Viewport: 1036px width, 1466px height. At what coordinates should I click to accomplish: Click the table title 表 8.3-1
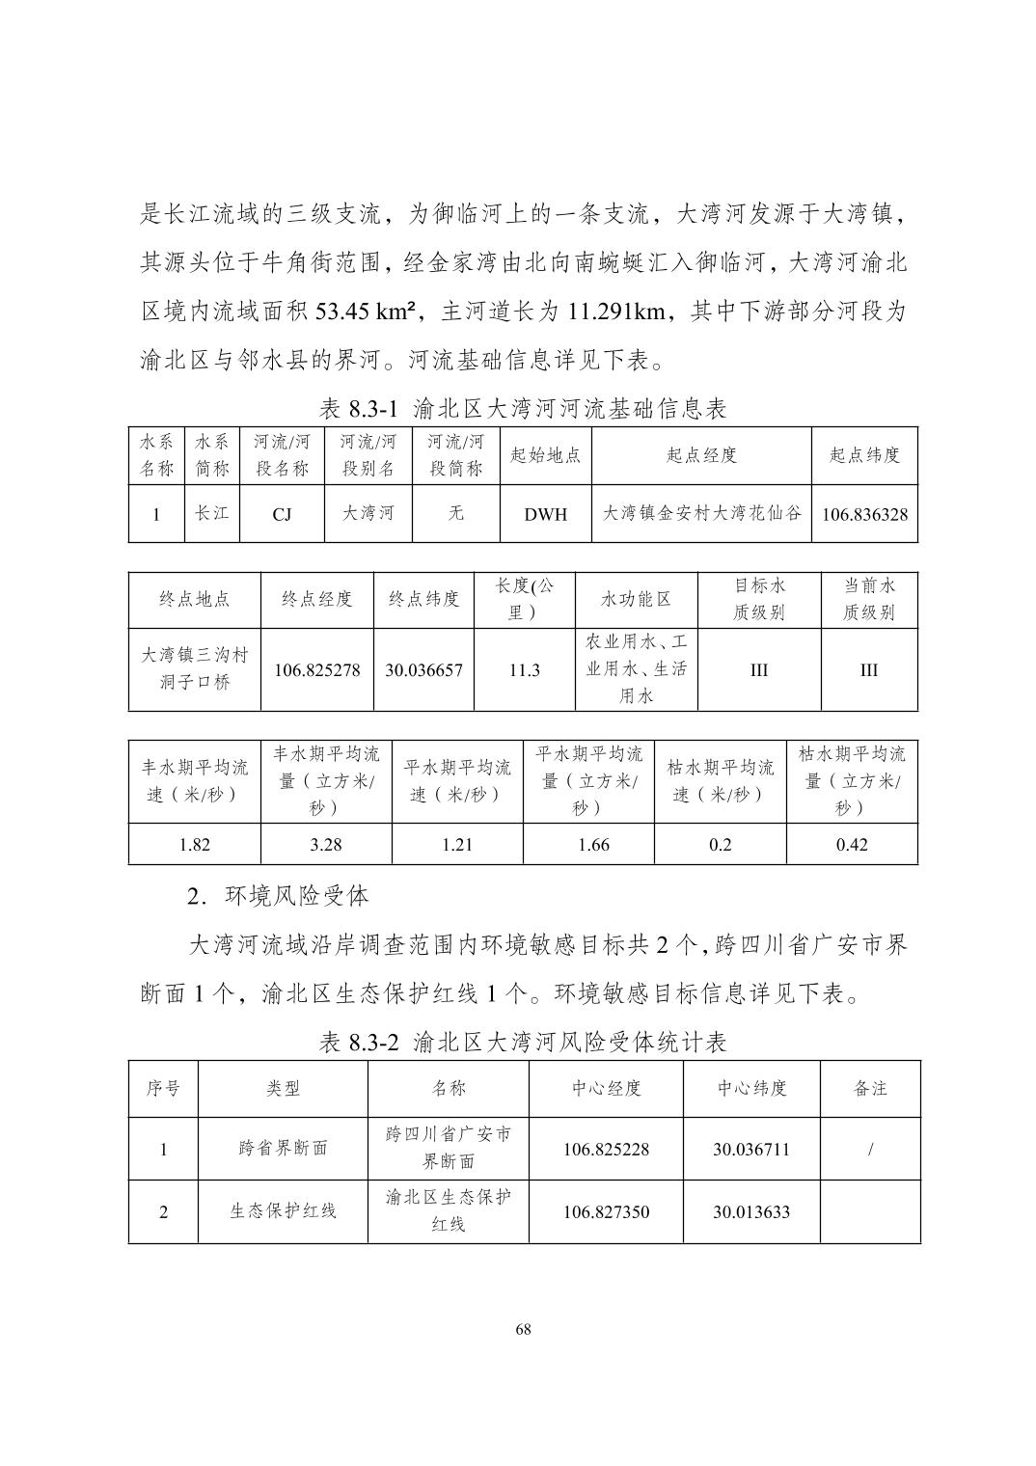click(523, 409)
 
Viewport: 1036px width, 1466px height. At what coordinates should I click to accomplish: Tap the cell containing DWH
click(545, 514)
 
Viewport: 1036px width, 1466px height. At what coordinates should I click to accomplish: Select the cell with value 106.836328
click(864, 514)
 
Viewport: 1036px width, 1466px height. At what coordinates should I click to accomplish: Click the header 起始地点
click(545, 455)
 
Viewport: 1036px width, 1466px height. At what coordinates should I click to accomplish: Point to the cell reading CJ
click(282, 514)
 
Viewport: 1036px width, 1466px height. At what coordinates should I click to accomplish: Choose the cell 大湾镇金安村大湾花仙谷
click(701, 513)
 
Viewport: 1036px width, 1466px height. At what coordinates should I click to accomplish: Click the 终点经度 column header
click(316, 599)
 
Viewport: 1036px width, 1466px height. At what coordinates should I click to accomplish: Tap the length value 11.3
click(524, 670)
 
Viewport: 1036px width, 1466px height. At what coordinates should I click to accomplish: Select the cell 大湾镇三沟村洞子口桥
click(195, 668)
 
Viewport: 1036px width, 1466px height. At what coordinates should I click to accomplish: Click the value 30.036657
click(423, 670)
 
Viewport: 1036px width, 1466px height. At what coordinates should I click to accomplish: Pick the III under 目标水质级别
click(759, 670)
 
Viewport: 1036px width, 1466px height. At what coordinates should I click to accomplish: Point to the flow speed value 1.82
click(195, 845)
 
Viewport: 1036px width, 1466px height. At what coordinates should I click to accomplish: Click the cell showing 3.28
click(326, 845)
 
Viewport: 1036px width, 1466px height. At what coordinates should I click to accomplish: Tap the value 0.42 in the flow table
click(852, 845)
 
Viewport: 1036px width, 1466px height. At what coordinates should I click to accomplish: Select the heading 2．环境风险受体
click(278, 896)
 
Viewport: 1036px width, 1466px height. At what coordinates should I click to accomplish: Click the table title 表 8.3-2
click(523, 1042)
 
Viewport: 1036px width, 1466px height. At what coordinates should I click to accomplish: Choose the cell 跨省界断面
click(283, 1149)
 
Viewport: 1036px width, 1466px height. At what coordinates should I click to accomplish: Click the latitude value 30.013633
click(751, 1211)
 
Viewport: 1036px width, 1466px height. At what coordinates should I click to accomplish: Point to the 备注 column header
click(870, 1089)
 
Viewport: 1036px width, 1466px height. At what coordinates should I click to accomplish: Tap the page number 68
click(523, 1330)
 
